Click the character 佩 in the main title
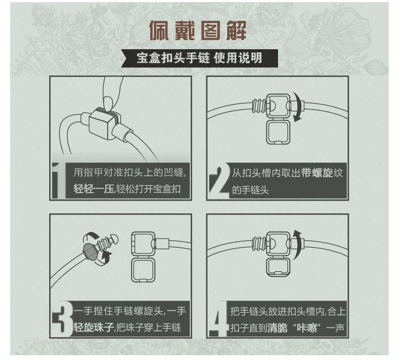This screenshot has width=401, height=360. click(x=159, y=30)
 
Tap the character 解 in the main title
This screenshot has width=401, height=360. click(x=236, y=30)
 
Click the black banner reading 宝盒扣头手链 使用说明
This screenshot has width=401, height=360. click(x=199, y=58)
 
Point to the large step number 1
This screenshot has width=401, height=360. click(x=59, y=180)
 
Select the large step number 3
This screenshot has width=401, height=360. click(x=63, y=319)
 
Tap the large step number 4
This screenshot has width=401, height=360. click(x=219, y=319)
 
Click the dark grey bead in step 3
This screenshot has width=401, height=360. click(x=90, y=252)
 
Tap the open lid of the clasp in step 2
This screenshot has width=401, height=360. click(x=278, y=132)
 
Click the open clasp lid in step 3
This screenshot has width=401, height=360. click(x=143, y=270)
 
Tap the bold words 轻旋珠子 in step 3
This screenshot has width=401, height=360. click(x=94, y=327)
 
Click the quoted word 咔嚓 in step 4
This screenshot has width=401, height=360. click(x=306, y=328)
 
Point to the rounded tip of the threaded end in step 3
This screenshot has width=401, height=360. click(x=114, y=239)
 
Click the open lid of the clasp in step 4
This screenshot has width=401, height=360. click(x=278, y=267)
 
